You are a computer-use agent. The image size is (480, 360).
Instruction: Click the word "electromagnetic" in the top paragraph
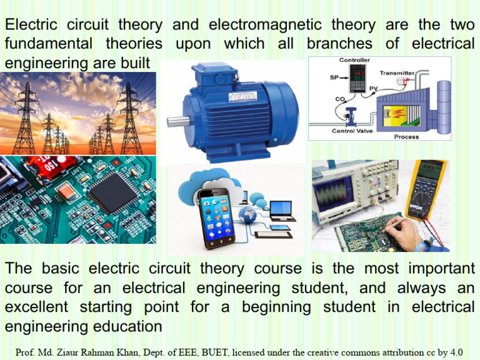pos(265,26)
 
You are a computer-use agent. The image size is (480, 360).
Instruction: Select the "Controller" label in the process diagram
pos(354,60)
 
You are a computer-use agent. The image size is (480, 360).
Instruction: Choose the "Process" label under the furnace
pos(406,136)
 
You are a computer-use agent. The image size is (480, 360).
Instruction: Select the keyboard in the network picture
pos(273,234)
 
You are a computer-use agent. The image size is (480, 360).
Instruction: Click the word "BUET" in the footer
pos(212,352)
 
